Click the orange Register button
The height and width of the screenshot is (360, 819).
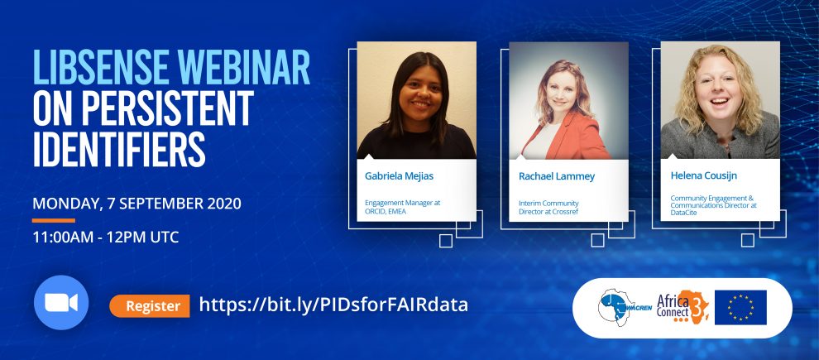pyautogui.click(x=150, y=305)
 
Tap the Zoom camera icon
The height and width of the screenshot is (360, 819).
pyautogui.click(x=61, y=303)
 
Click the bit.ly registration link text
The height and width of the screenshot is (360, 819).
pyautogui.click(x=333, y=305)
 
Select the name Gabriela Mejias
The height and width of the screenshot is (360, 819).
pyautogui.click(x=399, y=176)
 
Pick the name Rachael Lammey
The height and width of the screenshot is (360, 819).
pyautogui.click(x=556, y=176)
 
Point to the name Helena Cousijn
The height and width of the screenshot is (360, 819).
pyautogui.click(x=703, y=175)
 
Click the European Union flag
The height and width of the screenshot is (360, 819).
pyautogui.click(x=740, y=308)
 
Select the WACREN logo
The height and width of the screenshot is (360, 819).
pyautogui.click(x=625, y=307)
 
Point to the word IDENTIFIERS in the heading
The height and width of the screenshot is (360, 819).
pyautogui.click(x=119, y=148)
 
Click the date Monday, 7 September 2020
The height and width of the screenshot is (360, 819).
pyautogui.click(x=136, y=204)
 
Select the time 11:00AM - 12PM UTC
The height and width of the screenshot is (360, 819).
pyautogui.click(x=106, y=238)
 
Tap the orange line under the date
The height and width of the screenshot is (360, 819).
pyautogui.click(x=53, y=220)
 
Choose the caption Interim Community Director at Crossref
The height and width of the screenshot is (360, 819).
pyautogui.click(x=548, y=208)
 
